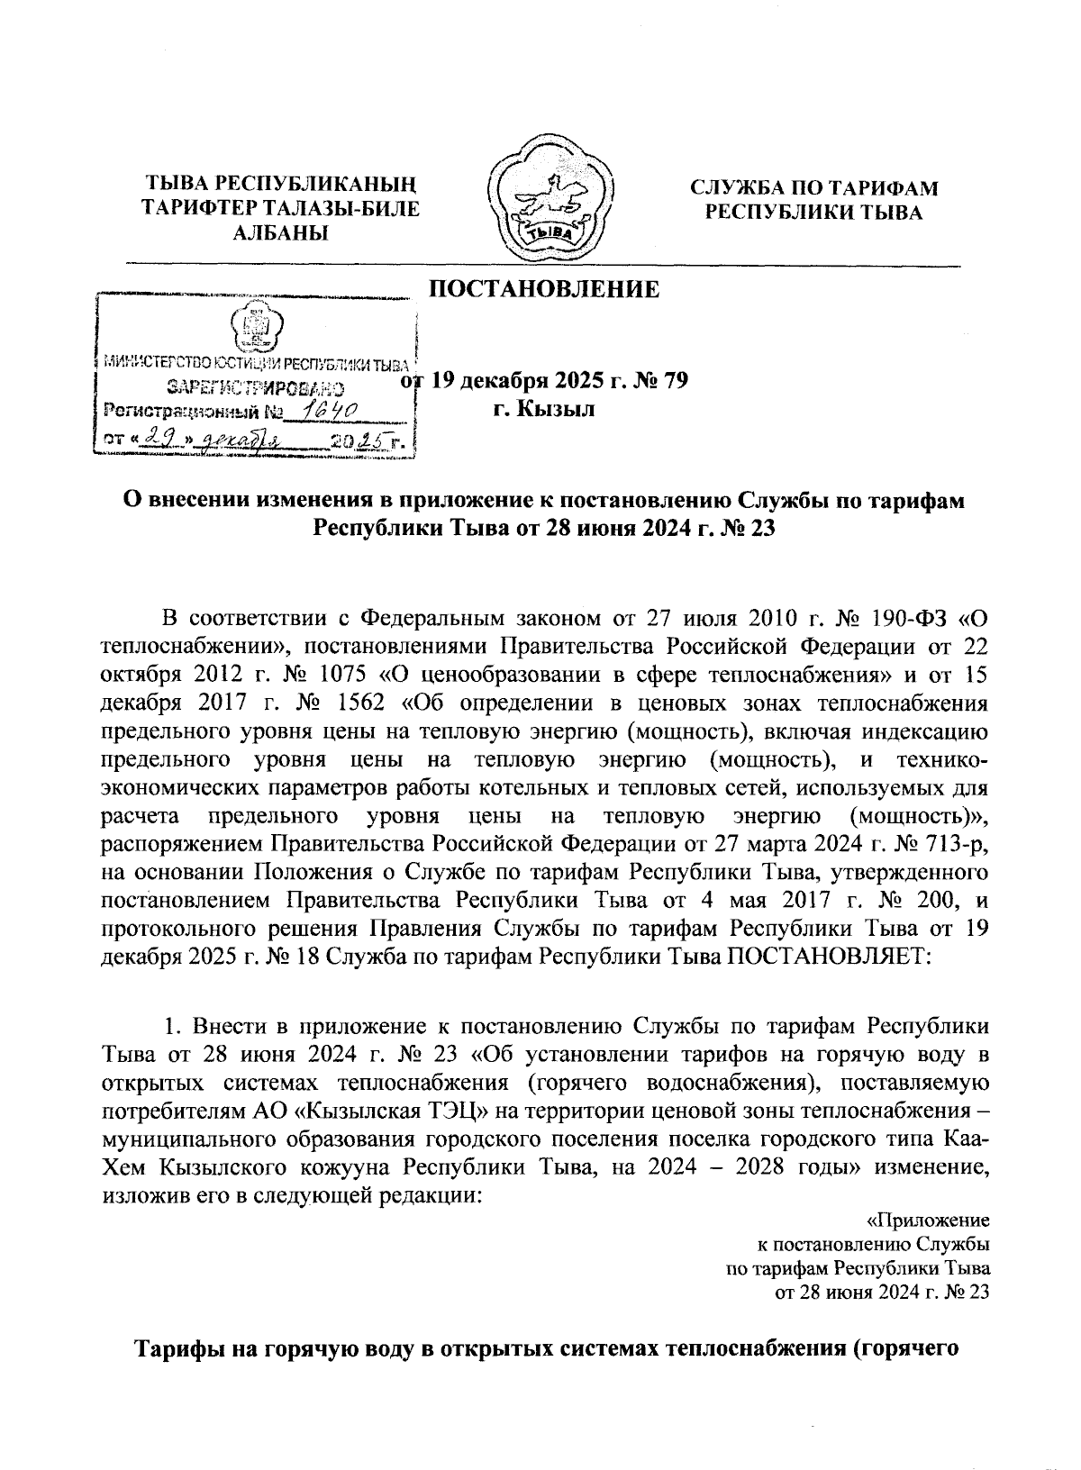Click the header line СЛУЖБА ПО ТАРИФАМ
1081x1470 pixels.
click(x=813, y=188)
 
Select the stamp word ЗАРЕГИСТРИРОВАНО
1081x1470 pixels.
click(x=256, y=389)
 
